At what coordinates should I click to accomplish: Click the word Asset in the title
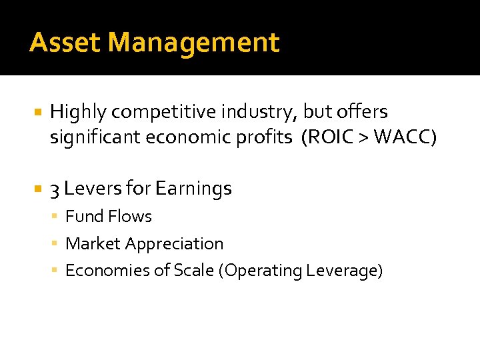pyautogui.click(x=65, y=43)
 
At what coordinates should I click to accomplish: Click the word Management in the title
pyautogui.click(x=193, y=43)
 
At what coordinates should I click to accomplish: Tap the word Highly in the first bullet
pyautogui.click(x=74, y=112)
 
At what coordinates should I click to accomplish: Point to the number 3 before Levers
pyautogui.click(x=55, y=189)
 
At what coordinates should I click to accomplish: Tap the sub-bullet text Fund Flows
pyautogui.click(x=109, y=217)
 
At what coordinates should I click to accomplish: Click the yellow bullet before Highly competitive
pyautogui.click(x=38, y=112)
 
